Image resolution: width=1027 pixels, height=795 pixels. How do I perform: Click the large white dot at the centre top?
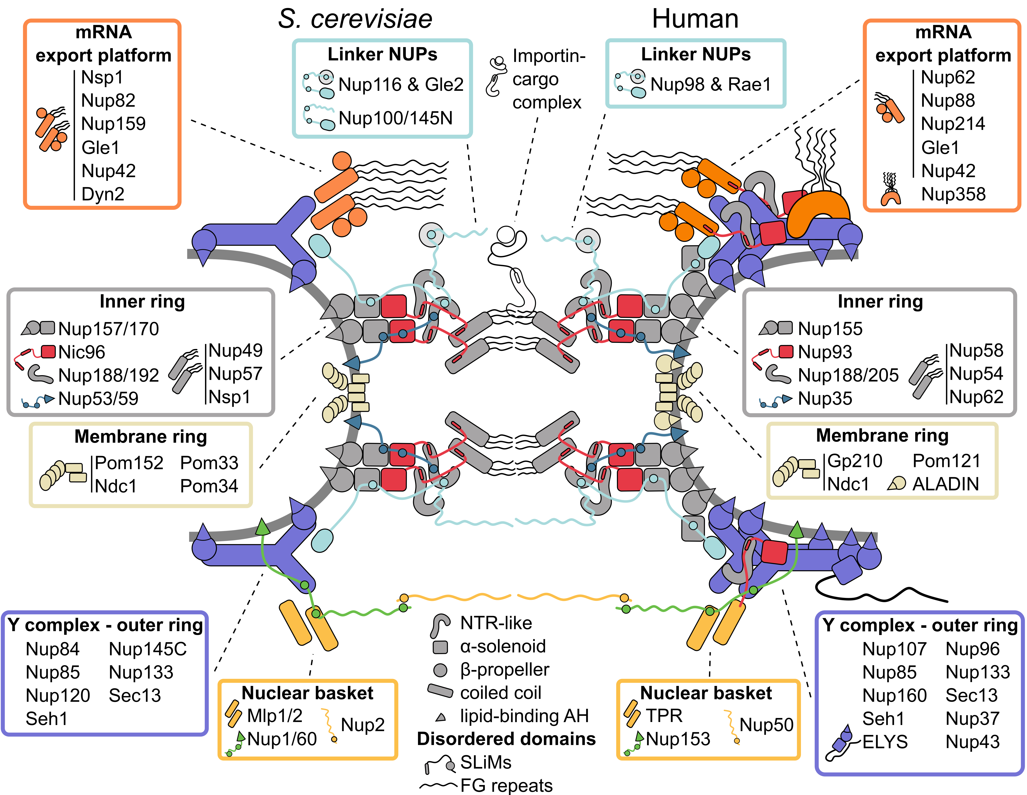pyautogui.click(x=505, y=234)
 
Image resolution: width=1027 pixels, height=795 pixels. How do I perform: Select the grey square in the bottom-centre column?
pyautogui.click(x=440, y=647)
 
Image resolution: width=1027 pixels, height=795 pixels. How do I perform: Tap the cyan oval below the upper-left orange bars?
pyautogui.click(x=320, y=246)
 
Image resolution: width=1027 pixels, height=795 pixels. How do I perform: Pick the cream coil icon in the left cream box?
pyautogui.click(x=53, y=475)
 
